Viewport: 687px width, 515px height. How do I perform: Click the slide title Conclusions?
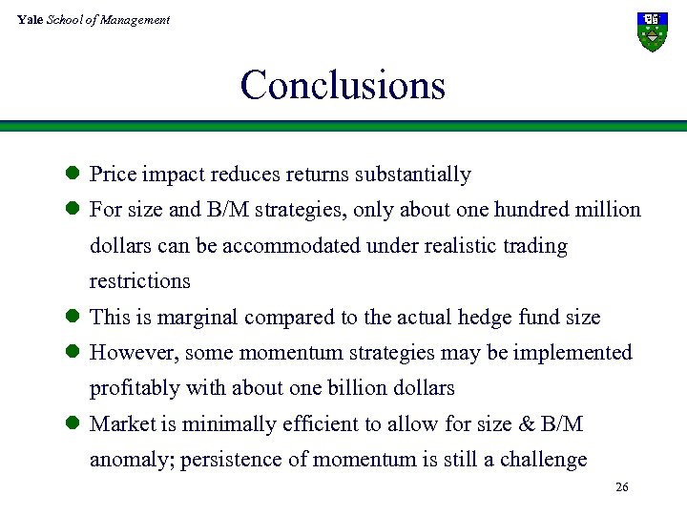pos(343,85)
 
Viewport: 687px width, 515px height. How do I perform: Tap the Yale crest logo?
pos(652,31)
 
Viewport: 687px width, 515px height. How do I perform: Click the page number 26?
pos(621,487)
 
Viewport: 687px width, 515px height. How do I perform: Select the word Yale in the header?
pos(30,19)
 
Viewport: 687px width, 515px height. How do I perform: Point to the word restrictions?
pos(139,281)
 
